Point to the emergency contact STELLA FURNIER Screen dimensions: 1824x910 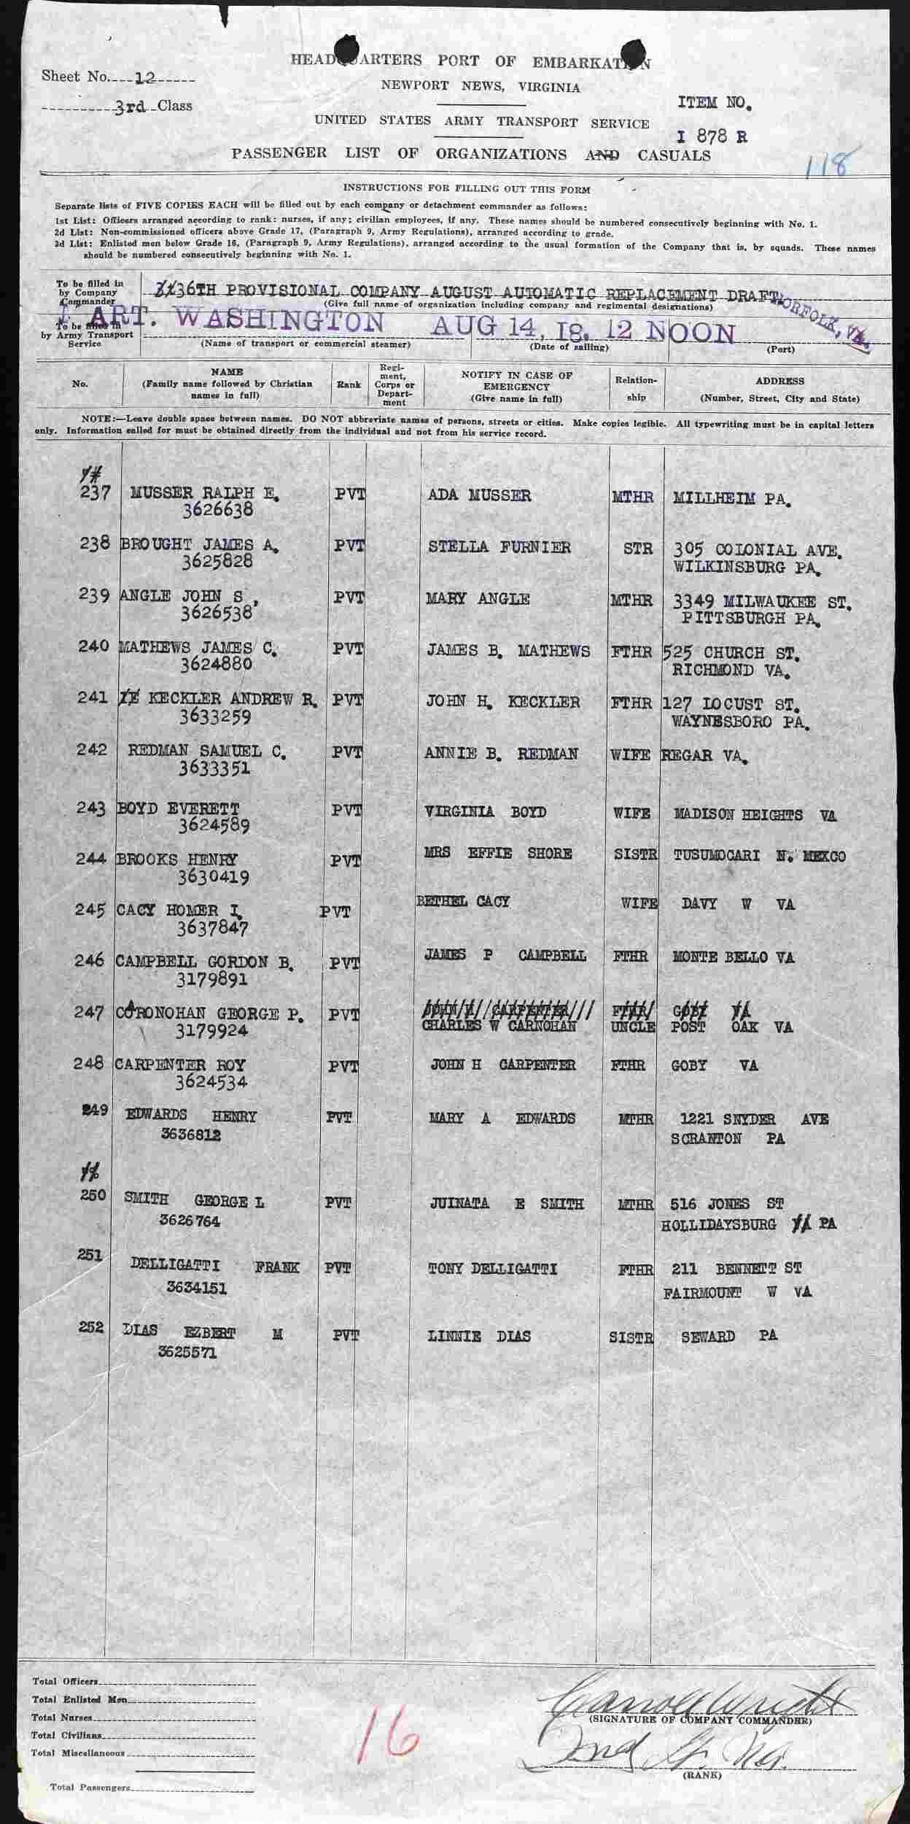tap(499, 547)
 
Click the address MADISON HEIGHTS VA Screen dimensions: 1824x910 tap(754, 814)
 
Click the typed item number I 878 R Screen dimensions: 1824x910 tap(711, 136)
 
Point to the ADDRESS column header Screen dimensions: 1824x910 tap(779, 381)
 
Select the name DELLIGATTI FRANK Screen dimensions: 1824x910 tap(214, 1267)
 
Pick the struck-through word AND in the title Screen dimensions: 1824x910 tap(602, 155)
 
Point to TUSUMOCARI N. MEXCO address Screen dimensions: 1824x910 tap(759, 856)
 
